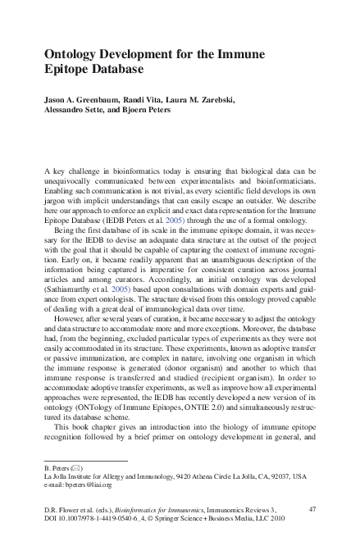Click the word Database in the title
click(104, 70)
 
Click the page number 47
click(312, 508)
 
